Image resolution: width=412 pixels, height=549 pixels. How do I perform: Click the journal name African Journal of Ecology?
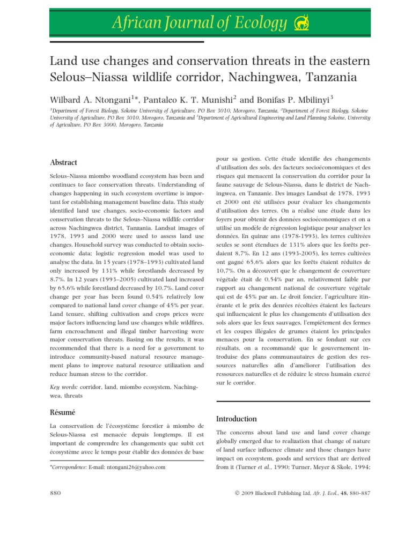point(198,23)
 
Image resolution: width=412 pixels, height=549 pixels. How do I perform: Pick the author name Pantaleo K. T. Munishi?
point(194,99)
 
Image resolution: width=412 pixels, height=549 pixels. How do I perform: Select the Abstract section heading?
point(64,162)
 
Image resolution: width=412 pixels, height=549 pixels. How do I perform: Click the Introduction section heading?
point(236,419)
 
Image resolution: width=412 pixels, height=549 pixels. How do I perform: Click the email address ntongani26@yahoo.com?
point(136,467)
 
